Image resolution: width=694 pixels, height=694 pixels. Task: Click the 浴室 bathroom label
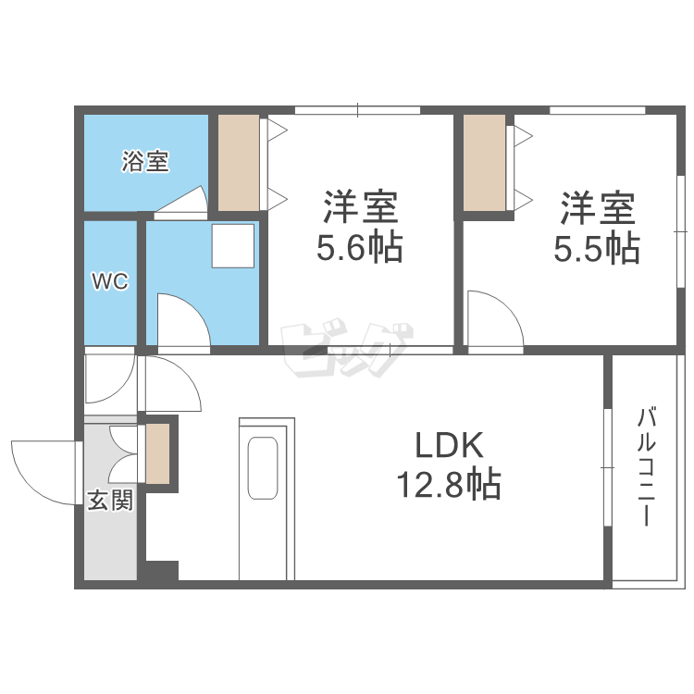pos(146,162)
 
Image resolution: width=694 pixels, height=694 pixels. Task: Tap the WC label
pos(108,282)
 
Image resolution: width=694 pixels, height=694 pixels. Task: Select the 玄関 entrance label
pos(109,501)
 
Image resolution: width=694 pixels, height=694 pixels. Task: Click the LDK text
pos(448,446)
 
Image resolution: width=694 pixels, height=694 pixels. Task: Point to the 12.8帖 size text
pos(448,483)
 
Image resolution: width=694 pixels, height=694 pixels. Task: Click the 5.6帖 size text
pos(360,247)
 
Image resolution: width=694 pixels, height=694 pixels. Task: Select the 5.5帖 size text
pos(597,247)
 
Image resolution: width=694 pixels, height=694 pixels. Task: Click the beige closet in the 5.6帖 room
pos(239,162)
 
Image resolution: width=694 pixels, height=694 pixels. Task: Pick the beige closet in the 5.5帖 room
pos(484,162)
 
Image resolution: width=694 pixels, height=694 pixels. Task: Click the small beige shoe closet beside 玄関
pos(157,453)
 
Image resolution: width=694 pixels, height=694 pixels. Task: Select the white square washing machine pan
pos(231,244)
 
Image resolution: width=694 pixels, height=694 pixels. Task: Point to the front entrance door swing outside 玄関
pos(46,472)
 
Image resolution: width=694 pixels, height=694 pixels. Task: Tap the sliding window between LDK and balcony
pos(606,467)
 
